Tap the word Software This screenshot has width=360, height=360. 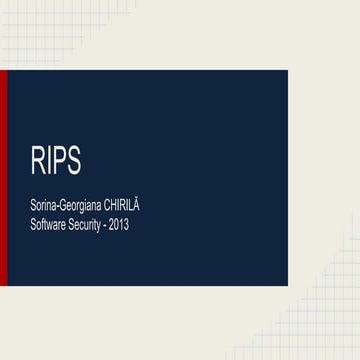pyautogui.click(x=51, y=225)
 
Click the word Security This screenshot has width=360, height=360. pyautogui.click(x=91, y=225)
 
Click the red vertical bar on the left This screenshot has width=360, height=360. pyautogui.click(x=3, y=177)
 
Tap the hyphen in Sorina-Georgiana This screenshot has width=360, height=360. pyautogui.click(x=58, y=207)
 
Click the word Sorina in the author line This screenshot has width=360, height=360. pyautogui.click(x=44, y=206)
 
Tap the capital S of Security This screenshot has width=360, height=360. pyautogui.click(x=76, y=225)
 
